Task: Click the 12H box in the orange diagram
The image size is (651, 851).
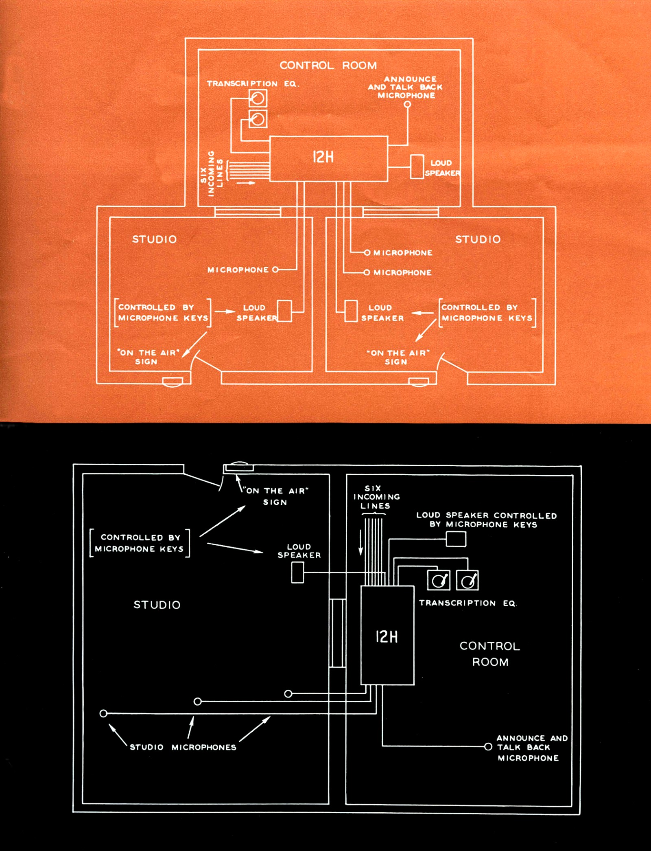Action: coord(328,158)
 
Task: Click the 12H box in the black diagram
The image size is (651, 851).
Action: coord(387,636)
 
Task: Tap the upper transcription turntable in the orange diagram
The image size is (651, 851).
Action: coord(258,98)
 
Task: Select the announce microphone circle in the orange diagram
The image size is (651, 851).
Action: coord(407,104)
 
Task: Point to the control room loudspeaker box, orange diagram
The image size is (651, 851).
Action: coord(417,167)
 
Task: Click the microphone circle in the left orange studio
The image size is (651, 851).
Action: coord(275,270)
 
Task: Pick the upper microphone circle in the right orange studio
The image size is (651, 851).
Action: coord(367,253)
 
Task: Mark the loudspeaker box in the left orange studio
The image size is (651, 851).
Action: coord(284,311)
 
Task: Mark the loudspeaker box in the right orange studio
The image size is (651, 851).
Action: coord(351,311)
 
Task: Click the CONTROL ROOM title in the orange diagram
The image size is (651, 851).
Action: coord(328,66)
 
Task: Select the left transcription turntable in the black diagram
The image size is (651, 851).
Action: coord(439,580)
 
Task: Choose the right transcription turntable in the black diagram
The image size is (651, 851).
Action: coord(467,580)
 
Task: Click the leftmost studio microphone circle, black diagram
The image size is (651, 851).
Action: coord(103,713)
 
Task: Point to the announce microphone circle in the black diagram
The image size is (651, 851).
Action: coord(488,746)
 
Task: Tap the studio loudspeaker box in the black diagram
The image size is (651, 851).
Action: coord(297,572)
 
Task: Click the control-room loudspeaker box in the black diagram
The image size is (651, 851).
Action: coord(456,539)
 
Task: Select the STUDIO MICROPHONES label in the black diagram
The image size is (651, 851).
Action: coord(183,747)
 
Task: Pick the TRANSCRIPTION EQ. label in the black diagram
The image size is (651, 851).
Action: coord(468,603)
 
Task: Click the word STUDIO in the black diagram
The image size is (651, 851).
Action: coord(157,605)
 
